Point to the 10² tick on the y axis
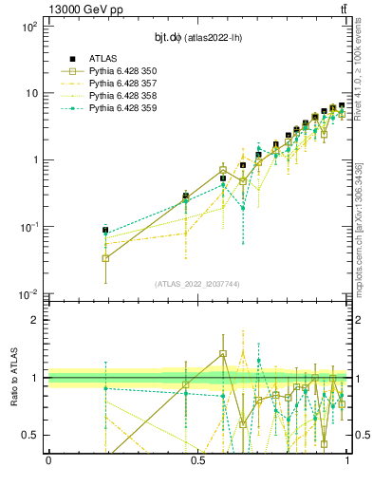coord(29,27)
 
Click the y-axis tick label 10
coord(32,93)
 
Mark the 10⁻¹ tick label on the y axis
coord(29,227)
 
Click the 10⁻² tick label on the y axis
coord(29,293)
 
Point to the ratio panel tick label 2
coord(39,320)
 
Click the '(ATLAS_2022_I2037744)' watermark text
coord(197,284)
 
